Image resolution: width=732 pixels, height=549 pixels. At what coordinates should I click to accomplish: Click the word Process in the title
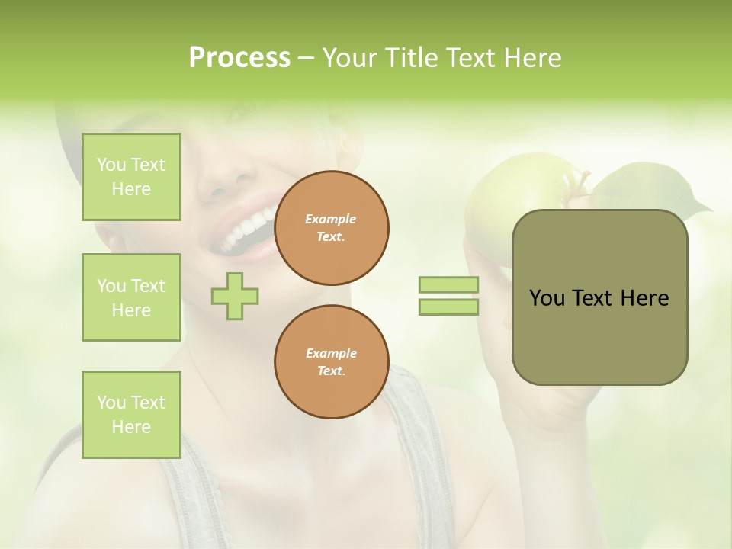[239, 58]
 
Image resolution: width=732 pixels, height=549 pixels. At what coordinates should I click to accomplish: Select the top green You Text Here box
[131, 177]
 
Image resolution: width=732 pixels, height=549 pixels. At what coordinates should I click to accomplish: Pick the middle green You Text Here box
[131, 297]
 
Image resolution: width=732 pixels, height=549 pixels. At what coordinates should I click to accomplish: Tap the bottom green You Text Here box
[131, 415]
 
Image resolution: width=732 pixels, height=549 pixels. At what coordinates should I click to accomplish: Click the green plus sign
[235, 296]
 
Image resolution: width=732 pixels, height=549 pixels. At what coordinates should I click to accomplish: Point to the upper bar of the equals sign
[448, 285]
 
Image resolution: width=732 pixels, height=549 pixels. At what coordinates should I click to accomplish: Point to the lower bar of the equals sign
[448, 307]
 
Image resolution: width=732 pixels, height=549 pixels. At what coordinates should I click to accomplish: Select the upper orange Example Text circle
[332, 228]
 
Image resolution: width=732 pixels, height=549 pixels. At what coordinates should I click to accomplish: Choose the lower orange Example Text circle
[332, 362]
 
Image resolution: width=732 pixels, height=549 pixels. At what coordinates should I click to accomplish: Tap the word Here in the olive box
[645, 298]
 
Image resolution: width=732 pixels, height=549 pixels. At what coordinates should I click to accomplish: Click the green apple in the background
[496, 191]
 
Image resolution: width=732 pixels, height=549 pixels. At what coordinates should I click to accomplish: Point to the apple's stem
[584, 183]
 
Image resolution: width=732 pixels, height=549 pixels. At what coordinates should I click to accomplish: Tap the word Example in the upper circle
[331, 219]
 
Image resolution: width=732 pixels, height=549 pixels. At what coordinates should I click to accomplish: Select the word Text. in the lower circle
[331, 371]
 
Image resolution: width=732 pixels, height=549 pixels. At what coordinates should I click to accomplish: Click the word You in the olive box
[547, 298]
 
